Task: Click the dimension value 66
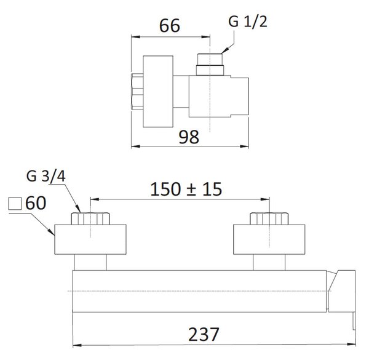tap(170, 25)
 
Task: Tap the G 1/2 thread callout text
tap(248, 22)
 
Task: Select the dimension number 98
tap(189, 137)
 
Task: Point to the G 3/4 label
tap(46, 176)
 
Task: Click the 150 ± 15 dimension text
tap(186, 189)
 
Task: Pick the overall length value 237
tap(204, 334)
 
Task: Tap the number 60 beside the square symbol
tap(36, 203)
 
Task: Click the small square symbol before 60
tap(15, 204)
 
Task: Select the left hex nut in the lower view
tap(90, 218)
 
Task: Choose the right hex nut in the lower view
tap(269, 218)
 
